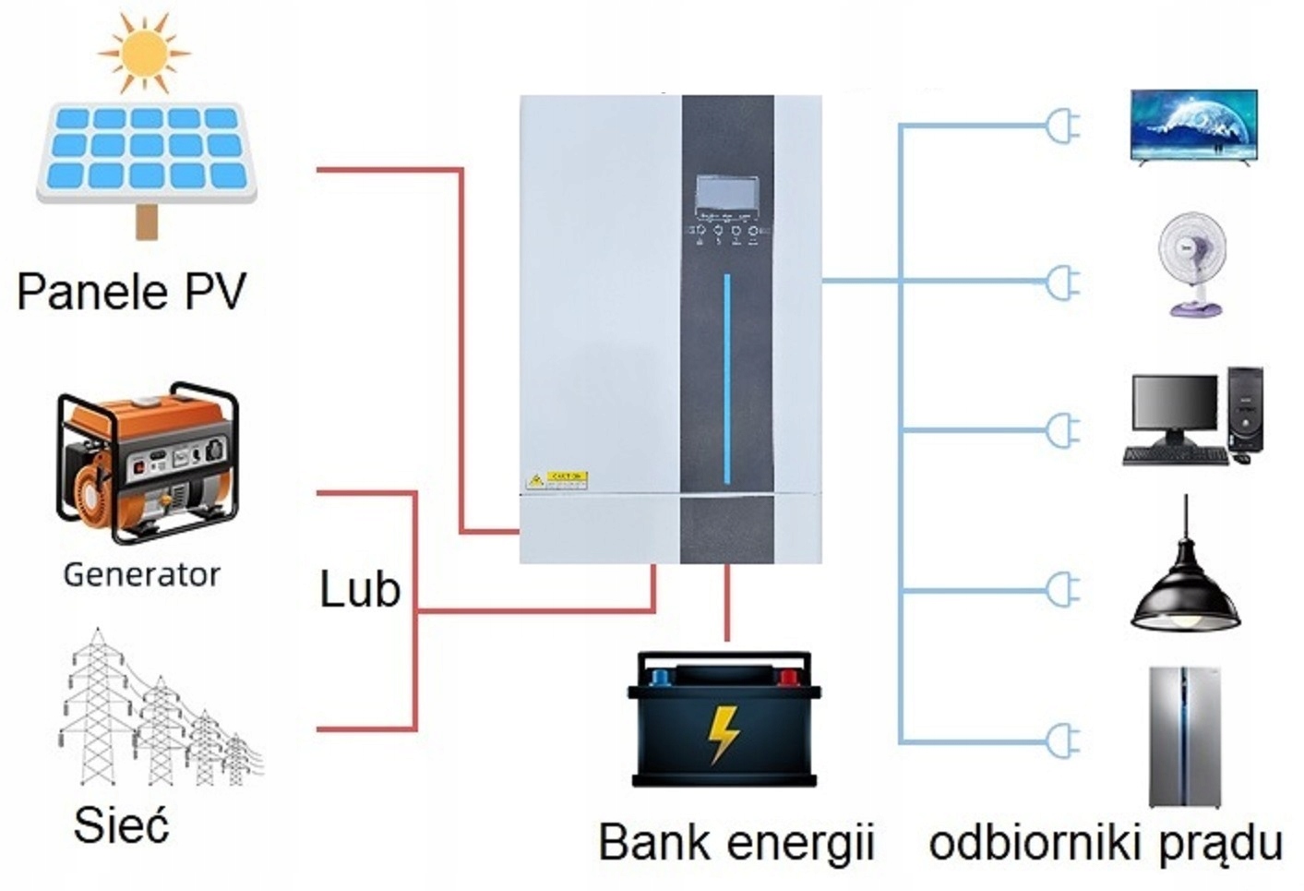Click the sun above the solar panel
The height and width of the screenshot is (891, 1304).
tap(144, 52)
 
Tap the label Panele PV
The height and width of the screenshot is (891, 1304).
tap(132, 292)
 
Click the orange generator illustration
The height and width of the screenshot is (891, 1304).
tap(148, 462)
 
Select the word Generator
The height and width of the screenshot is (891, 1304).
tap(141, 574)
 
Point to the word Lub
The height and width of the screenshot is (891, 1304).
tap(359, 589)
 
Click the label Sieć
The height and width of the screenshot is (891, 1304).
tap(121, 825)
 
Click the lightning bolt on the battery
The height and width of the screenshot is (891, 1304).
tap(724, 734)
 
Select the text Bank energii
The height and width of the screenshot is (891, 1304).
tap(736, 842)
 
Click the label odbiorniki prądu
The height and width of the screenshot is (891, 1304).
tap(1105, 843)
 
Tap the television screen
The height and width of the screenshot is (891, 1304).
tap(1194, 126)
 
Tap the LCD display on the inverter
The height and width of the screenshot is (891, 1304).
tap(727, 193)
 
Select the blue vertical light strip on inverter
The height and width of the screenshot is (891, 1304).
tap(727, 379)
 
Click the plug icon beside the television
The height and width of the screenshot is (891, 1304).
tap(1062, 126)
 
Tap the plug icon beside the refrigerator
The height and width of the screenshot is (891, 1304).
tap(1062, 740)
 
